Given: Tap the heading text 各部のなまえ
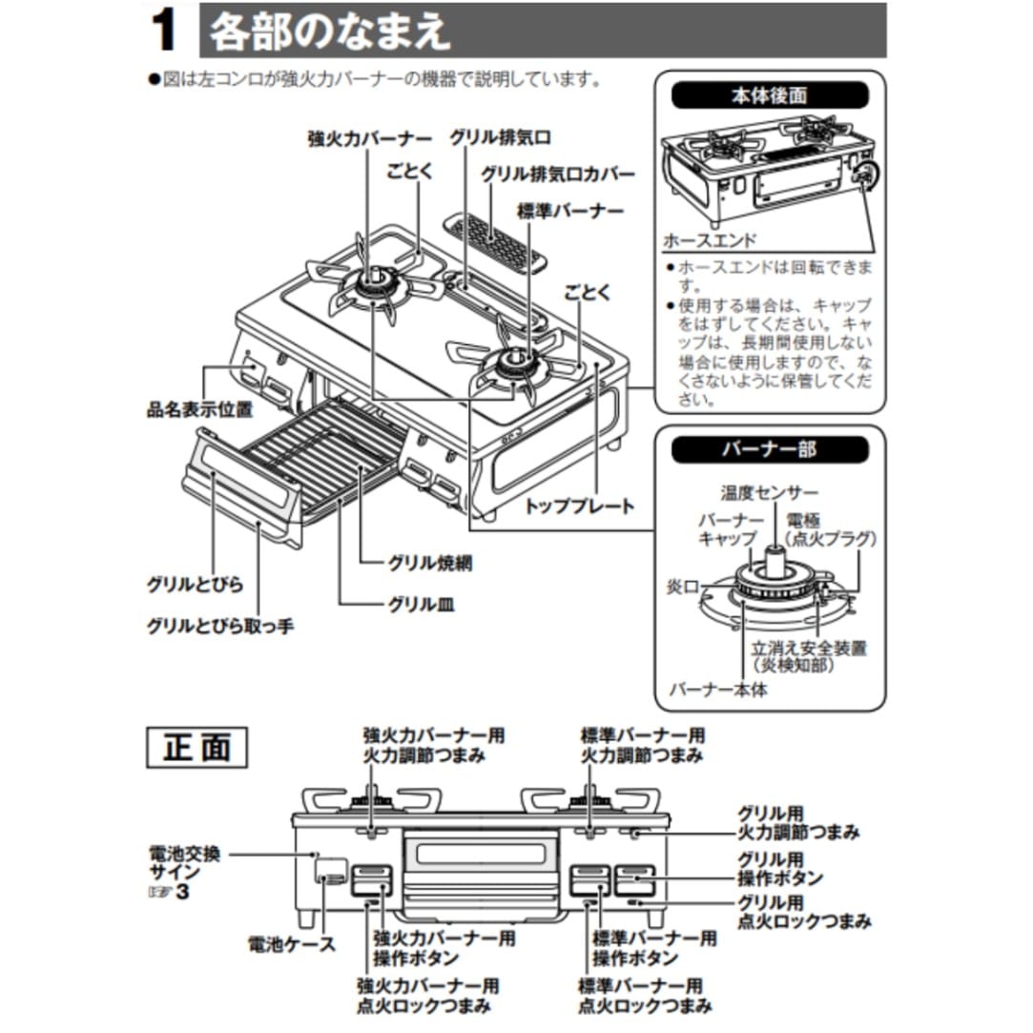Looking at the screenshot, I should [x=329, y=31].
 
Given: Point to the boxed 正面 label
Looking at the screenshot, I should [x=196, y=748].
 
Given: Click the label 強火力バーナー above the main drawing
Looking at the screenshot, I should [x=369, y=138].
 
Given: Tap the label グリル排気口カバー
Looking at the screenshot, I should [x=558, y=175].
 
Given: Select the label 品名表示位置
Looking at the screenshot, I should [x=199, y=410].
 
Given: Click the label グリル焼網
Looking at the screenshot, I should [x=429, y=563].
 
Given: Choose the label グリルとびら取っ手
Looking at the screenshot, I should [x=220, y=626].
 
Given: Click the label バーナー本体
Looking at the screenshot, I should [x=718, y=689].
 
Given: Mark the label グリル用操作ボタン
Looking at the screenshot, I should [x=780, y=867].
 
